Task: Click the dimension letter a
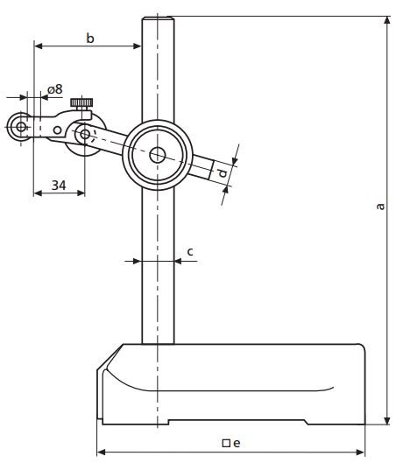(378, 207)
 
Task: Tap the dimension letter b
(89, 37)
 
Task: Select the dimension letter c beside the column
(190, 252)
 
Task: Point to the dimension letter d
(224, 173)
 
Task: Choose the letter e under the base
(237, 443)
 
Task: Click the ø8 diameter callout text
(54, 89)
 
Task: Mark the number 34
(59, 185)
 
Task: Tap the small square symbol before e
(225, 443)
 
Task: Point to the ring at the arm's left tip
(20, 127)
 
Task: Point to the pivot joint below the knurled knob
(84, 135)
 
